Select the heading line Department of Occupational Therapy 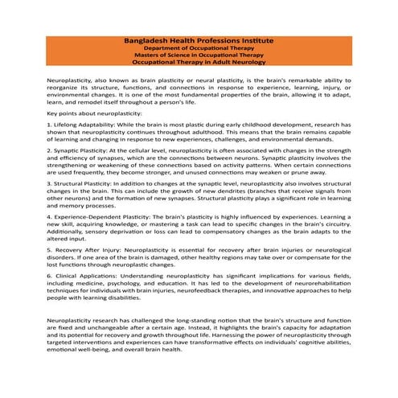tap(199, 47)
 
